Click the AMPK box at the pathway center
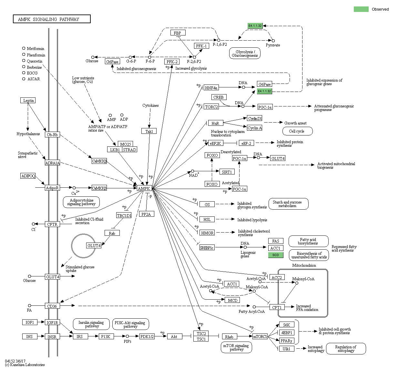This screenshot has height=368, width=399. coord(144,188)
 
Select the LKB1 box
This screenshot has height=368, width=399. coord(115,150)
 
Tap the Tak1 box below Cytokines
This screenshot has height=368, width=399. coord(149,131)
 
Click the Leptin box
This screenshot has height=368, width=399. coord(28,101)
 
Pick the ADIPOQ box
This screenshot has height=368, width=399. coord(28,176)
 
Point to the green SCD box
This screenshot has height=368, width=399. coord(275,255)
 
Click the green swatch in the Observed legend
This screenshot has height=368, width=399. coord(361,9)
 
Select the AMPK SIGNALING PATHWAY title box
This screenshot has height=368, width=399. coord(52,19)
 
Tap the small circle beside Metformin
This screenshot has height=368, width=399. coord(24,48)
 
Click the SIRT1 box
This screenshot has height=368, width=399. coord(227,172)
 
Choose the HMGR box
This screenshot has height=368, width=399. coord(207,233)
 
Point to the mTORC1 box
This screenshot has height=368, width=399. coord(260,337)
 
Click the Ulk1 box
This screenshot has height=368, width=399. coord(286,349)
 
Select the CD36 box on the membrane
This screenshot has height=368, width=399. coord(52,306)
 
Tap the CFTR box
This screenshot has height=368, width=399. coord(52,224)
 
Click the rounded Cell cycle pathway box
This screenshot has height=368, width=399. coord(297,131)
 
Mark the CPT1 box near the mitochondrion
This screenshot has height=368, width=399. coord(277,307)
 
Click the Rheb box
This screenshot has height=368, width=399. coord(229,337)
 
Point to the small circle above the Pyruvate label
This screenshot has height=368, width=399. coord(273,41)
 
